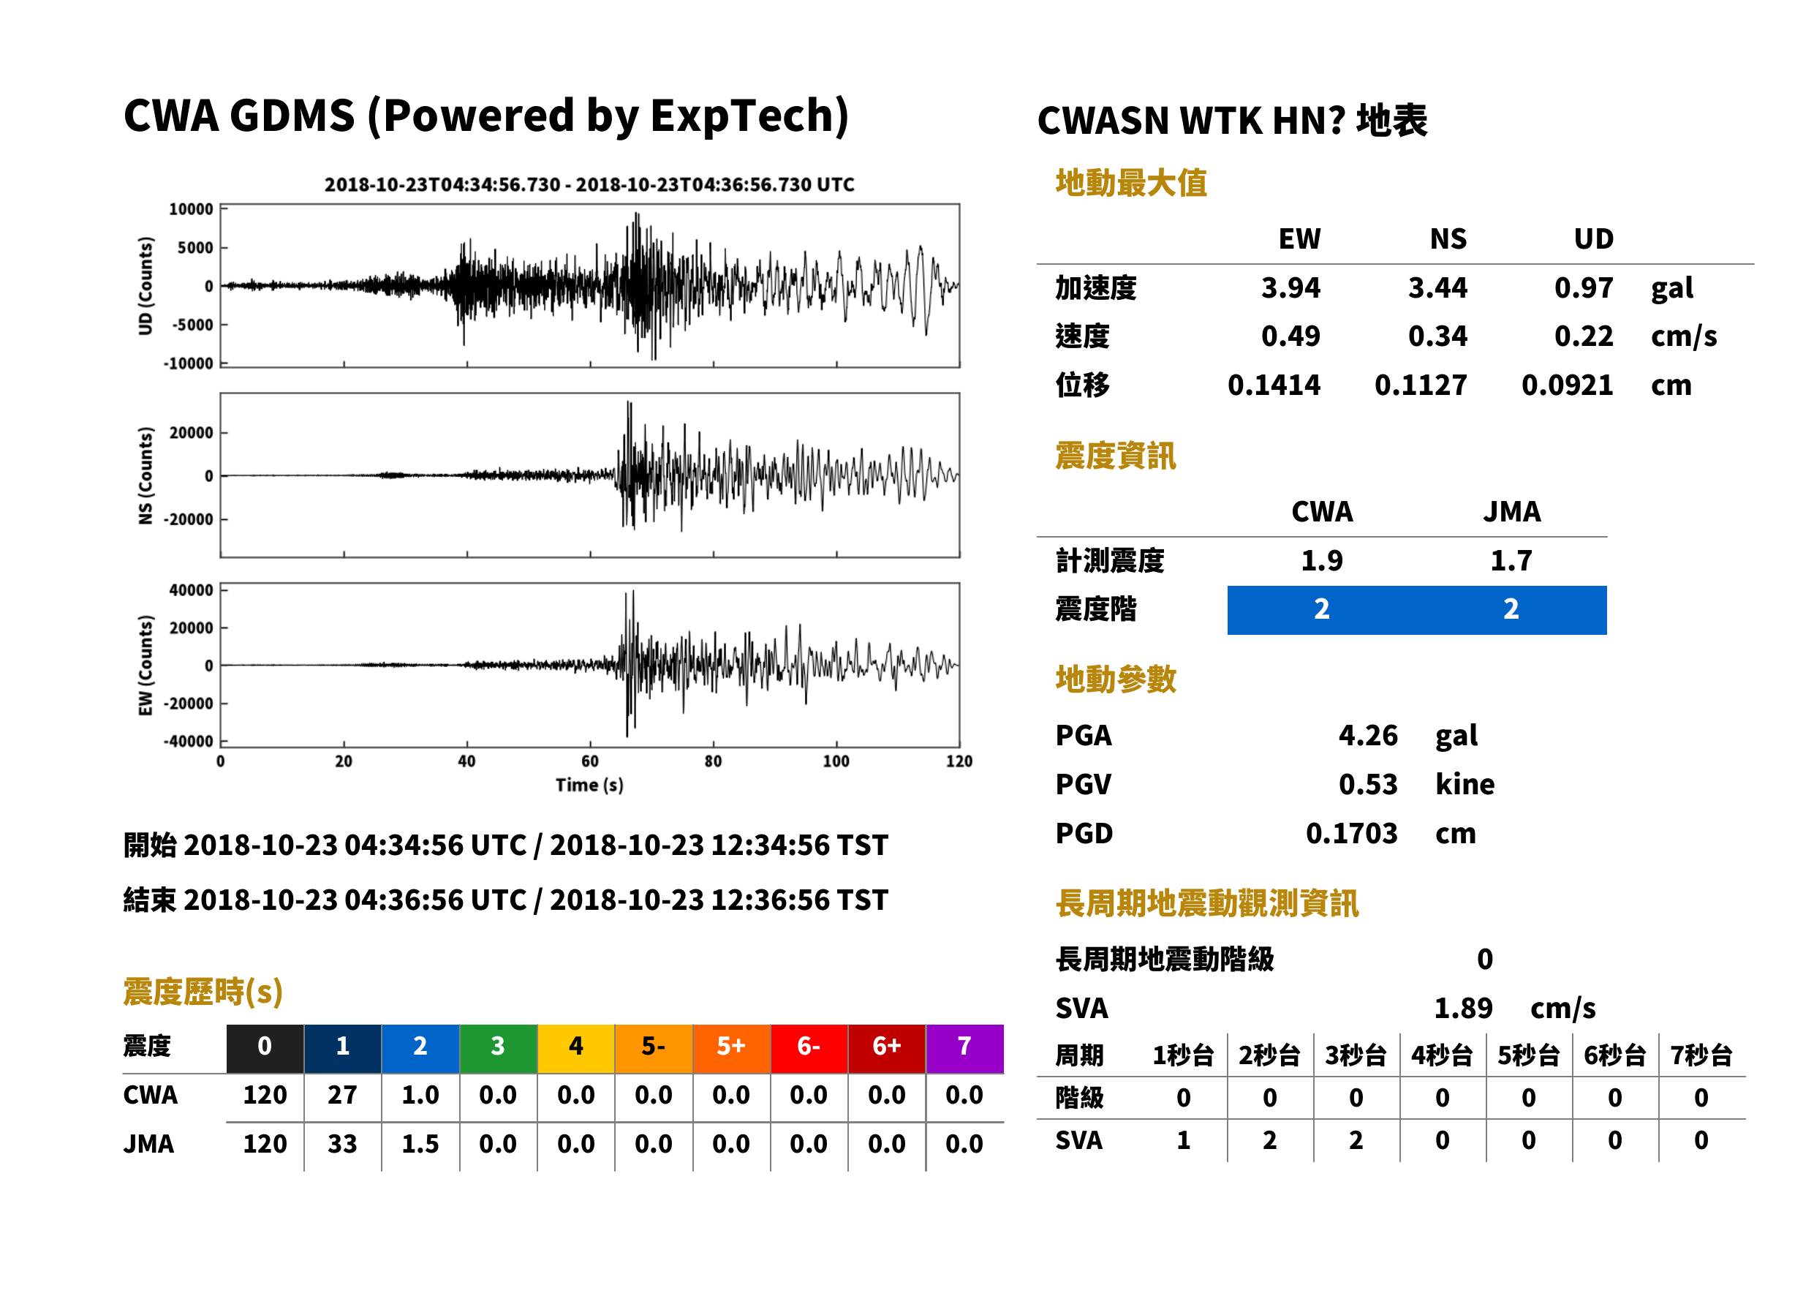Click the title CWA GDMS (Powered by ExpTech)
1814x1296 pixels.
(485, 116)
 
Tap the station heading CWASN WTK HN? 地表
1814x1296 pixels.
(1233, 121)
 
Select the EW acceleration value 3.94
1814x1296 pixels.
(1290, 287)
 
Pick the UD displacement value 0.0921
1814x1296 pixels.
(1567, 385)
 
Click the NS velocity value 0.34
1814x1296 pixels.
(1437, 336)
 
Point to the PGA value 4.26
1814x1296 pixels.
(1368, 735)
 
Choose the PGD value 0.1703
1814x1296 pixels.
(1351, 833)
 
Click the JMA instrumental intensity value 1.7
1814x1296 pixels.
(1511, 560)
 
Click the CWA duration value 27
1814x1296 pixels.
(342, 1095)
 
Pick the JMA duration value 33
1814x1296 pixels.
(342, 1144)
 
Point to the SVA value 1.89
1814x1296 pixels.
(1463, 1008)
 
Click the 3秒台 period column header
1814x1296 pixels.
(1356, 1055)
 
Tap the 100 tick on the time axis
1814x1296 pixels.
(836, 761)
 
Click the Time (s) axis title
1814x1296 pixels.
(589, 785)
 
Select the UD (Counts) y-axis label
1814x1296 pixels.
(146, 286)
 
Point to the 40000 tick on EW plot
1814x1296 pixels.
(191, 590)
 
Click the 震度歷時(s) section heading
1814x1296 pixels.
(203, 992)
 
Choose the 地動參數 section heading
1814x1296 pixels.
(1115, 679)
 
